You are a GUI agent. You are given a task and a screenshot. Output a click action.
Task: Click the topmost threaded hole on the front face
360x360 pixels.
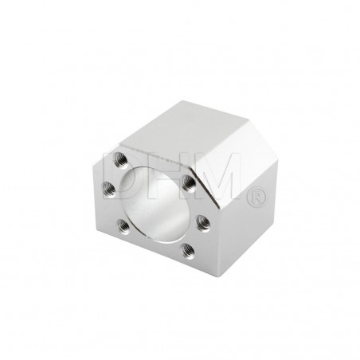[120, 160]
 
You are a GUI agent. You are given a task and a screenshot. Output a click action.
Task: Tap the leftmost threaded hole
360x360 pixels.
[109, 189]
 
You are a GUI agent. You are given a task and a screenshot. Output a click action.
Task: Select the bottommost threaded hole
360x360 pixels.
[188, 250]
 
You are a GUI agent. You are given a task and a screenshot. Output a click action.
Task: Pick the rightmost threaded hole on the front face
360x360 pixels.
[203, 222]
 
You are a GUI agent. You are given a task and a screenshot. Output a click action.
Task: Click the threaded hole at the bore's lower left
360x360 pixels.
[123, 226]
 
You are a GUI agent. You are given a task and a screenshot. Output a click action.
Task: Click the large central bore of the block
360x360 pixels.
[155, 205]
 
